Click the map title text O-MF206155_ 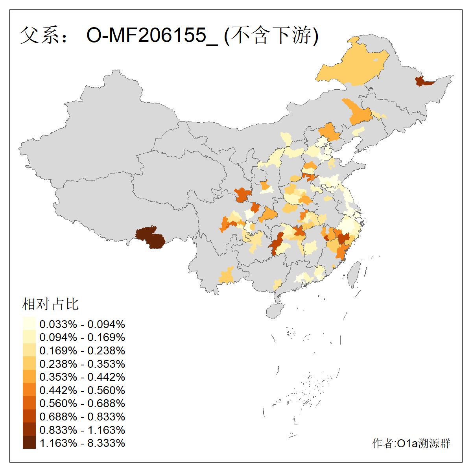152,35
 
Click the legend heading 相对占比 50,304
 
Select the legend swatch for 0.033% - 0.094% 29,324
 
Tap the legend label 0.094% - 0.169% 82,337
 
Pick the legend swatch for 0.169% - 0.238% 29,350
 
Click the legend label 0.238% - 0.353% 82,364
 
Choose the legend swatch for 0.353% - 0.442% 29,377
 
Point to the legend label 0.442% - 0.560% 82,390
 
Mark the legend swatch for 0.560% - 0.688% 29,403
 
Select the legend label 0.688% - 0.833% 82,417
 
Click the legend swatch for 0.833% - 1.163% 29,430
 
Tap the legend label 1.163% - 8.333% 82,443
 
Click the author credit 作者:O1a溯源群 411,443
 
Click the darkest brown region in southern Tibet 150,237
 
